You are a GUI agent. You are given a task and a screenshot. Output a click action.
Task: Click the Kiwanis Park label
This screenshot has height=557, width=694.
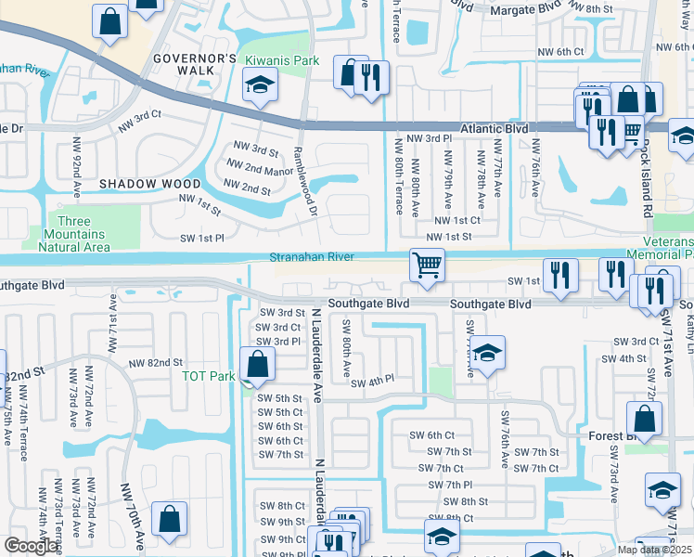click(x=282, y=60)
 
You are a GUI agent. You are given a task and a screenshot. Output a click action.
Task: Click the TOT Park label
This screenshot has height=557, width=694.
click(x=208, y=376)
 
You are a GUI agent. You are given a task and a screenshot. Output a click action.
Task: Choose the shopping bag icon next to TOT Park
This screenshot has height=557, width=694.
click(x=258, y=364)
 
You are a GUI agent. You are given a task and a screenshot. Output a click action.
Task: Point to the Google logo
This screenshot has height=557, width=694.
click(x=31, y=547)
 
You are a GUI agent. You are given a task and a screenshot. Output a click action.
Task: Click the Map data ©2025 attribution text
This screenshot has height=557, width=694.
click(x=653, y=550)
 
